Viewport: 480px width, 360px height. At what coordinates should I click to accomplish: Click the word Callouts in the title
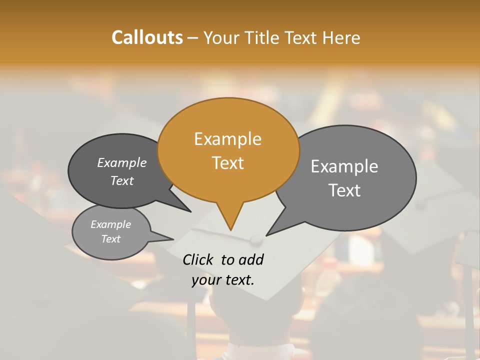pyautogui.click(x=147, y=37)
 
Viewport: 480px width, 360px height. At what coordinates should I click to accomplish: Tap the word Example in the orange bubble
pyautogui.click(x=227, y=139)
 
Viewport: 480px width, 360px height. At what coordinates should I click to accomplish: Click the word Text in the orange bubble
pyautogui.click(x=228, y=163)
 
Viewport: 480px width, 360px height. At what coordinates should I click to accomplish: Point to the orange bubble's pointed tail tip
pyautogui.click(x=230, y=230)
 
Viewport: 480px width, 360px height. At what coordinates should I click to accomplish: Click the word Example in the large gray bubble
pyautogui.click(x=344, y=166)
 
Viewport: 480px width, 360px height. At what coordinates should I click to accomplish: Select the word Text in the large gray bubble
pyautogui.click(x=344, y=190)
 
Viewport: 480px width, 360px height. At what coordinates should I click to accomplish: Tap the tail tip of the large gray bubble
pyautogui.click(x=266, y=235)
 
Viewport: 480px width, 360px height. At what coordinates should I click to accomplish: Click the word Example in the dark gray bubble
pyautogui.click(x=122, y=162)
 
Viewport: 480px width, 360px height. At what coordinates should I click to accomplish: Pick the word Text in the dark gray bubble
pyautogui.click(x=122, y=180)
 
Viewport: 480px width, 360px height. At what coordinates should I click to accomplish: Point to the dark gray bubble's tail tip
pyautogui.click(x=190, y=211)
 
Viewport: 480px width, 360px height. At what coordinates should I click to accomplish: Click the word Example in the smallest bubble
pyautogui.click(x=111, y=224)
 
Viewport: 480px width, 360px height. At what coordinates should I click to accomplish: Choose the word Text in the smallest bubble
pyautogui.click(x=111, y=239)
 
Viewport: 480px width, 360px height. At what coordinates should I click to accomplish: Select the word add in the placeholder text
pyautogui.click(x=251, y=259)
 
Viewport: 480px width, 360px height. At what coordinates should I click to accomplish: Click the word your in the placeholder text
pyautogui.click(x=206, y=280)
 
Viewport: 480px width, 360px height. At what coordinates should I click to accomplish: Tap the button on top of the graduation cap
pyautogui.click(x=256, y=240)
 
